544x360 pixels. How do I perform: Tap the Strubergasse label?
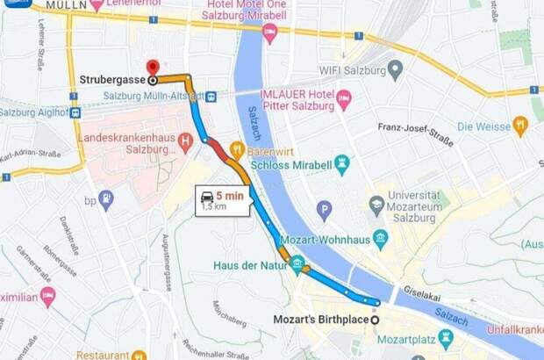tap(111, 81)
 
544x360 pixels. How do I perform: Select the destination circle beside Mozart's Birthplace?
tap(376, 320)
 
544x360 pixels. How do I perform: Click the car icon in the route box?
tap(206, 196)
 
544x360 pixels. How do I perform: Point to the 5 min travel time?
tap(230, 196)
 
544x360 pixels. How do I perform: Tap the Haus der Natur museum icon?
tap(297, 263)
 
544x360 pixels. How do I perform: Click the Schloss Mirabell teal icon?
tap(341, 163)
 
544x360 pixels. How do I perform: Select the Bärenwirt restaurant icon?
tap(236, 148)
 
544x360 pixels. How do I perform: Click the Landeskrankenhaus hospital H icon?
tap(184, 140)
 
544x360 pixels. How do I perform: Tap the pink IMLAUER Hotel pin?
tap(343, 99)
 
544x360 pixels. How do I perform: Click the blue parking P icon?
tap(324, 210)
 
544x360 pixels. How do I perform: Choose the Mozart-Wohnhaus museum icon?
tap(380, 238)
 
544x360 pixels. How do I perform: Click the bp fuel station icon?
tap(106, 199)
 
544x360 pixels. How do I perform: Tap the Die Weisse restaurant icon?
tap(519, 126)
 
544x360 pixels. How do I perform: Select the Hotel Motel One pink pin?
tap(269, 33)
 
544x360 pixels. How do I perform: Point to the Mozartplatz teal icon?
tap(446, 338)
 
